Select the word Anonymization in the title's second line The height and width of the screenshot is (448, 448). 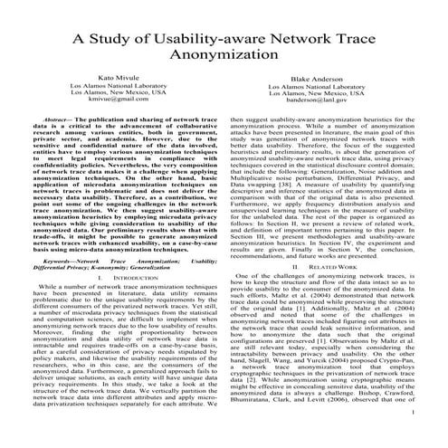224,58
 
